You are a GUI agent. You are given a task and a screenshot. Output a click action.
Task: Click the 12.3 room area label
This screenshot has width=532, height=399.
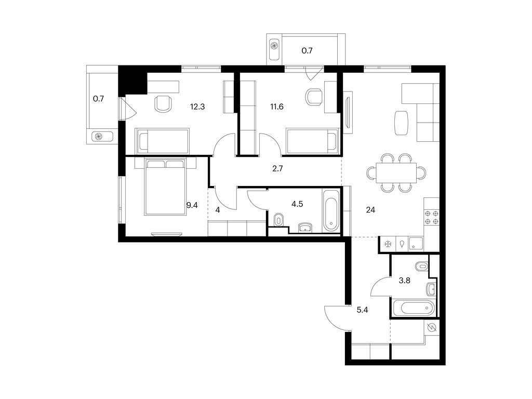[x=197, y=107]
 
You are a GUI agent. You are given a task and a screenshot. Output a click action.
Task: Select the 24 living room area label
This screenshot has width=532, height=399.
[x=370, y=210]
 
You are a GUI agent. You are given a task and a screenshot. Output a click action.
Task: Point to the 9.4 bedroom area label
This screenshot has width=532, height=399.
[x=192, y=205]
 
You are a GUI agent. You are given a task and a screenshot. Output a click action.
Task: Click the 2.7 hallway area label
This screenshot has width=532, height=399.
[x=277, y=169]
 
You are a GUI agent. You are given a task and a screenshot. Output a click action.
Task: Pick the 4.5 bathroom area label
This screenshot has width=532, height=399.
[x=297, y=204]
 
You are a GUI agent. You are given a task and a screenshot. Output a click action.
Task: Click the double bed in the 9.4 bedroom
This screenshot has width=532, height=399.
[x=165, y=187]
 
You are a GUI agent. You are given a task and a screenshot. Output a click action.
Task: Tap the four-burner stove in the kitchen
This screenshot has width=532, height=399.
[x=432, y=218]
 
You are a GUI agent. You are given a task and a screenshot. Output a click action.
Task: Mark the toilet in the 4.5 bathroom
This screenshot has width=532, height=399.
[x=279, y=220]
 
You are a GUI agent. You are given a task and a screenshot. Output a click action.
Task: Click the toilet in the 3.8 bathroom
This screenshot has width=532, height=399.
[x=423, y=267]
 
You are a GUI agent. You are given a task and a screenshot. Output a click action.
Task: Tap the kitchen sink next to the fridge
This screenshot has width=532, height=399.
[x=415, y=243]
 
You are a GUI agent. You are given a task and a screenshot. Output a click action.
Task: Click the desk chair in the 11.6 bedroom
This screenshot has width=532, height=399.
[x=314, y=97]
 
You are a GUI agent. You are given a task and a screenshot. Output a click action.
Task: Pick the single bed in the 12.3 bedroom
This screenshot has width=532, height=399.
[x=162, y=140]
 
